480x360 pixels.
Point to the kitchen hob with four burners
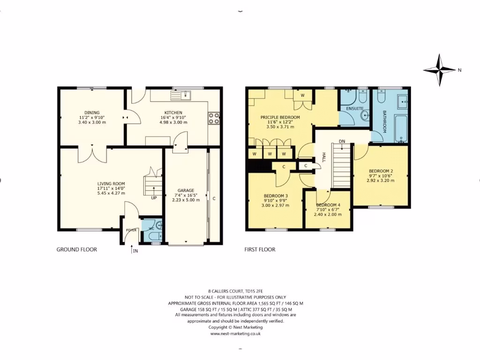click(x=214, y=118)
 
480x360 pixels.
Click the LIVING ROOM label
click(x=111, y=184)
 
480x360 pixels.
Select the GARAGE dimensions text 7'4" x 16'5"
click(x=186, y=195)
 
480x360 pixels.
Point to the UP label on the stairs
click(x=154, y=198)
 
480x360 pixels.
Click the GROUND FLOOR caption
click(x=77, y=250)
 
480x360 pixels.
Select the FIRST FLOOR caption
click(x=260, y=250)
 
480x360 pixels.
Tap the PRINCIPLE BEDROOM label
click(x=280, y=117)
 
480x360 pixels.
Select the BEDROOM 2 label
click(x=381, y=171)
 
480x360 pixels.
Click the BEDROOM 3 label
click(x=275, y=195)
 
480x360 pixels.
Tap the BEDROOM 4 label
click(x=328, y=205)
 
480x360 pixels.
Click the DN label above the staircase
click(x=342, y=141)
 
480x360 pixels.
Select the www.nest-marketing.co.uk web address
click(x=235, y=334)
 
